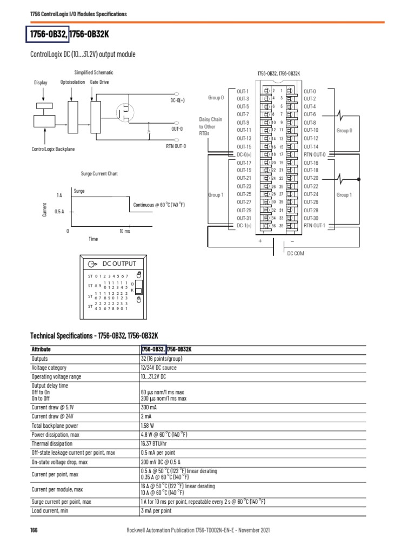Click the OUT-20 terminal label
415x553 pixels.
point(311,178)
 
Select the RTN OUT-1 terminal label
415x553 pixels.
point(314,226)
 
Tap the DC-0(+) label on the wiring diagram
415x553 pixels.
point(244,154)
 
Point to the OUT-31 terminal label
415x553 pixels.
point(244,218)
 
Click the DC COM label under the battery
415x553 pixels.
point(296,253)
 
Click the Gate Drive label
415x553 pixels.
point(99,82)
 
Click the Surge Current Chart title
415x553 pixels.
point(99,174)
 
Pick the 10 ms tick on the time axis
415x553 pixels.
point(125,231)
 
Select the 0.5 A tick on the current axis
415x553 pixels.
point(59,212)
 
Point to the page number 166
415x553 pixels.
point(34,531)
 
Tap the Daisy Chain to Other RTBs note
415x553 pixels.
point(211,126)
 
